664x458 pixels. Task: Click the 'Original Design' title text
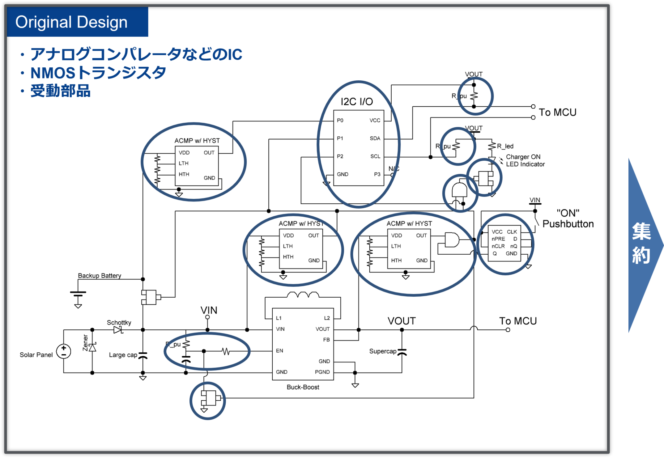pos(71,22)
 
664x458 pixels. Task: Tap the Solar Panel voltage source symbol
pos(64,351)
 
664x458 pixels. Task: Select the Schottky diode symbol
pos(118,330)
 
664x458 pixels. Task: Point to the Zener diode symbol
pos(92,348)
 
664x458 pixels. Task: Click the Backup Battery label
pos(100,276)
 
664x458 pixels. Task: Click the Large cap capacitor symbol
pos(143,355)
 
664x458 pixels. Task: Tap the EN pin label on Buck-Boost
pos(279,350)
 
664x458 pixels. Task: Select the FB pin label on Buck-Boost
pos(326,340)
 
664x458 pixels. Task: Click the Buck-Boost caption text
pos(303,387)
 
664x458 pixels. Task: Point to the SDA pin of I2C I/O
pos(375,138)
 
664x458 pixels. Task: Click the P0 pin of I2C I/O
pos(340,120)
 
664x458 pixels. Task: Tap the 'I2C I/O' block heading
pos(357,102)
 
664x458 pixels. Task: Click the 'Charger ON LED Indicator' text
pos(525,161)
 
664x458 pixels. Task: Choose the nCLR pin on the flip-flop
pos(498,246)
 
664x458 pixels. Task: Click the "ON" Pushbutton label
pos(568,219)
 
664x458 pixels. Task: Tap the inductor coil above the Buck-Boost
pos(303,295)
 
